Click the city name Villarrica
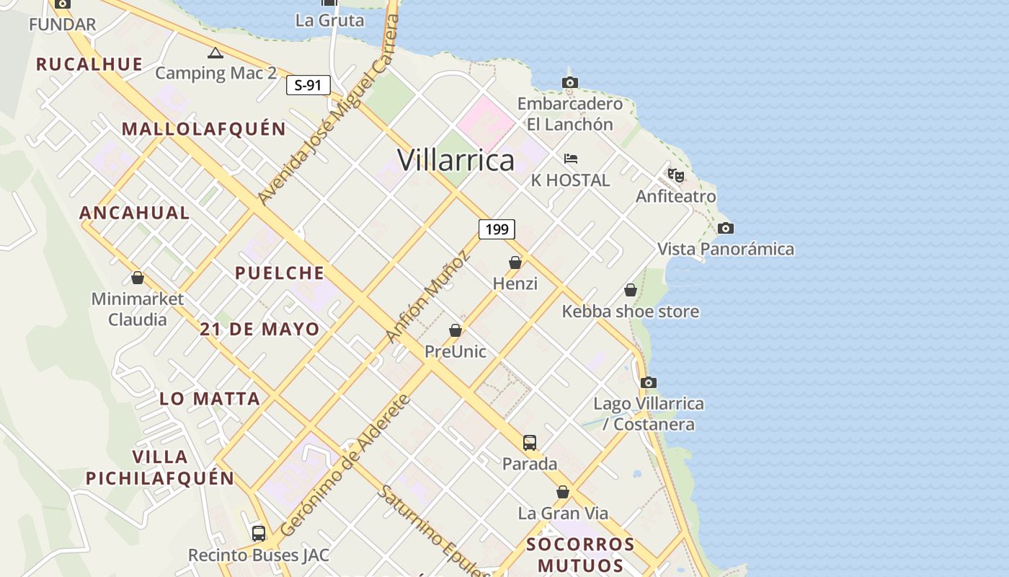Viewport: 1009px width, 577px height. [455, 160]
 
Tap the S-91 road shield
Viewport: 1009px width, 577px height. [308, 85]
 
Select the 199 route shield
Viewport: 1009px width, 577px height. [497, 229]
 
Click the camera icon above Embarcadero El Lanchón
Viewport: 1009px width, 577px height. [570, 83]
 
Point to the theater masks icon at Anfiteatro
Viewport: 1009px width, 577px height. [675, 175]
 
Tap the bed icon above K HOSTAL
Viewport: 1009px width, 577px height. [571, 159]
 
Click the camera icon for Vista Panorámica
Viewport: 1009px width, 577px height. [726, 229]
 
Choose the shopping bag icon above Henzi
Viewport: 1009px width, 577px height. [515, 263]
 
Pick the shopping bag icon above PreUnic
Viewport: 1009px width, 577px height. [455, 331]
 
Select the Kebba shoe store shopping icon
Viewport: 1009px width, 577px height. [631, 290]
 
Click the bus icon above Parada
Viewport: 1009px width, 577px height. [530, 443]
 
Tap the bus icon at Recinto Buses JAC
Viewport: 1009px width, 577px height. [259, 534]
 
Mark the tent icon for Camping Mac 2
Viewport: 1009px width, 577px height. [215, 53]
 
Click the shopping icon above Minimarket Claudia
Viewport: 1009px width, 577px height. [138, 278]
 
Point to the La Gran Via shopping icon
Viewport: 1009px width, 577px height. [563, 492]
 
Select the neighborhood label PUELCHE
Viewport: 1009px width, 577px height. [280, 273]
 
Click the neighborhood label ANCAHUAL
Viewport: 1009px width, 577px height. [134, 213]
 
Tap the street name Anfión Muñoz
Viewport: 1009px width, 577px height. [428, 297]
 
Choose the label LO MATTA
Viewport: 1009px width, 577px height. [209, 399]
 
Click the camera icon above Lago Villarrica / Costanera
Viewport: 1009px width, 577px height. [649, 383]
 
